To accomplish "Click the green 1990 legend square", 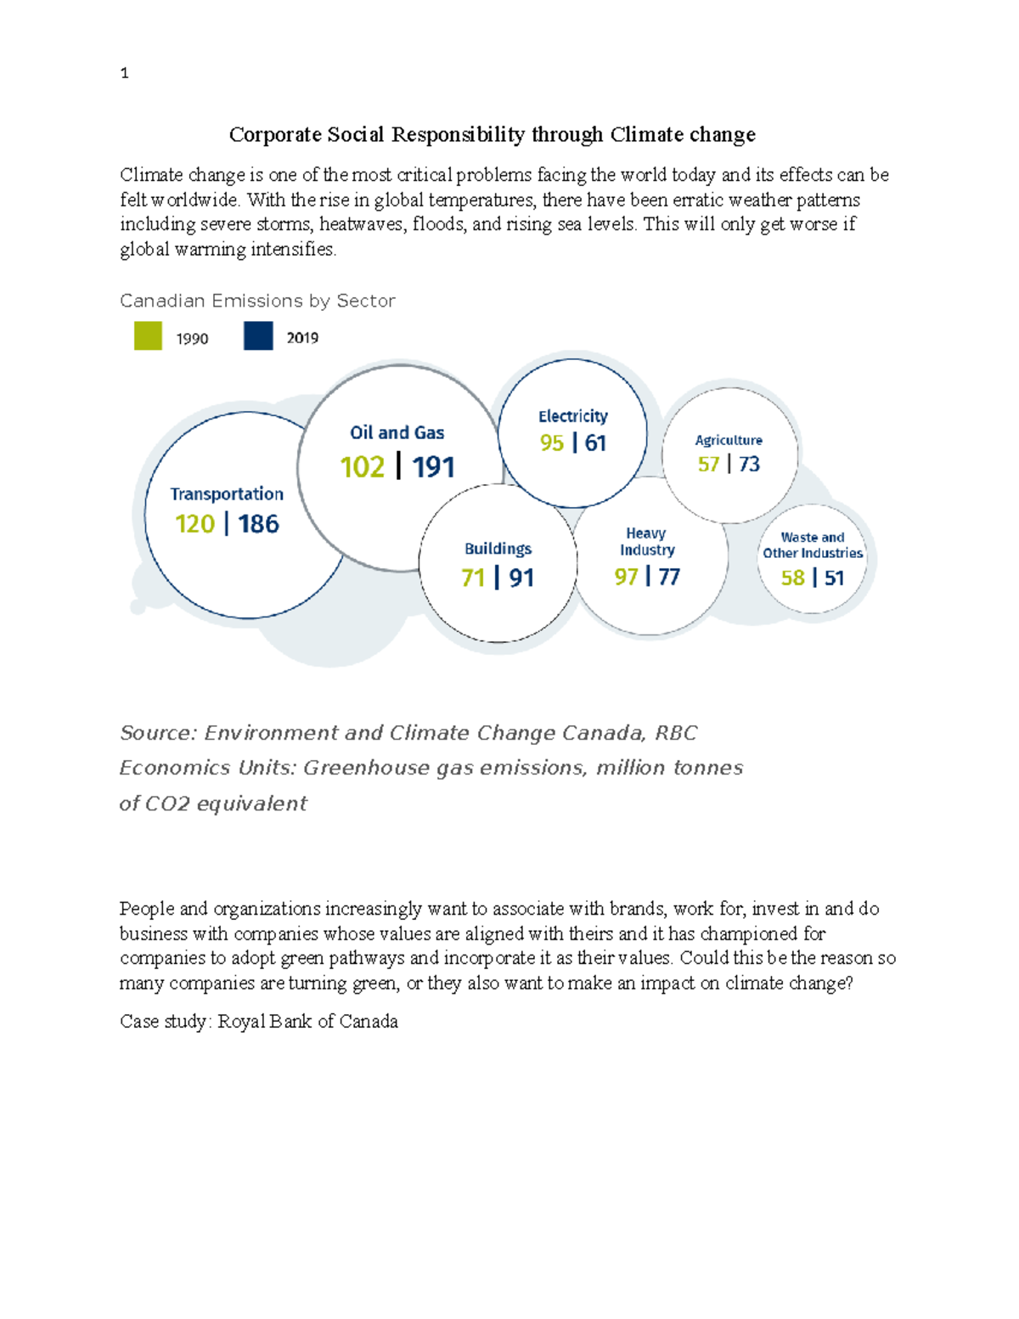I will coord(148,335).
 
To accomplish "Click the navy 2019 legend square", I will coord(258,335).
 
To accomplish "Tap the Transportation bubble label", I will coord(227,494).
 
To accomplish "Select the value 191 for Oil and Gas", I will coord(433,467).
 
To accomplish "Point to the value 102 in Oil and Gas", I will coord(363,467).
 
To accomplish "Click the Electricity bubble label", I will coord(573,416).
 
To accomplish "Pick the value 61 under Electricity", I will coord(595,443).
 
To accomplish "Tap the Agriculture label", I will coord(729,440).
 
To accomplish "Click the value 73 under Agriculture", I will coord(749,465).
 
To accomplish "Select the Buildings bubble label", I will coord(498,549).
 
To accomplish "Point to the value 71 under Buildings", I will coord(473,578).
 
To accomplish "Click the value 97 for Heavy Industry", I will coord(626,578).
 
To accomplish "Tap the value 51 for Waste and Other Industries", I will coord(835,578).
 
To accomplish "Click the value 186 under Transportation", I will coord(258,524).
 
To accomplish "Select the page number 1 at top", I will coord(125,73).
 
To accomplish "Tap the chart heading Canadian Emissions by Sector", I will coord(257,301).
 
